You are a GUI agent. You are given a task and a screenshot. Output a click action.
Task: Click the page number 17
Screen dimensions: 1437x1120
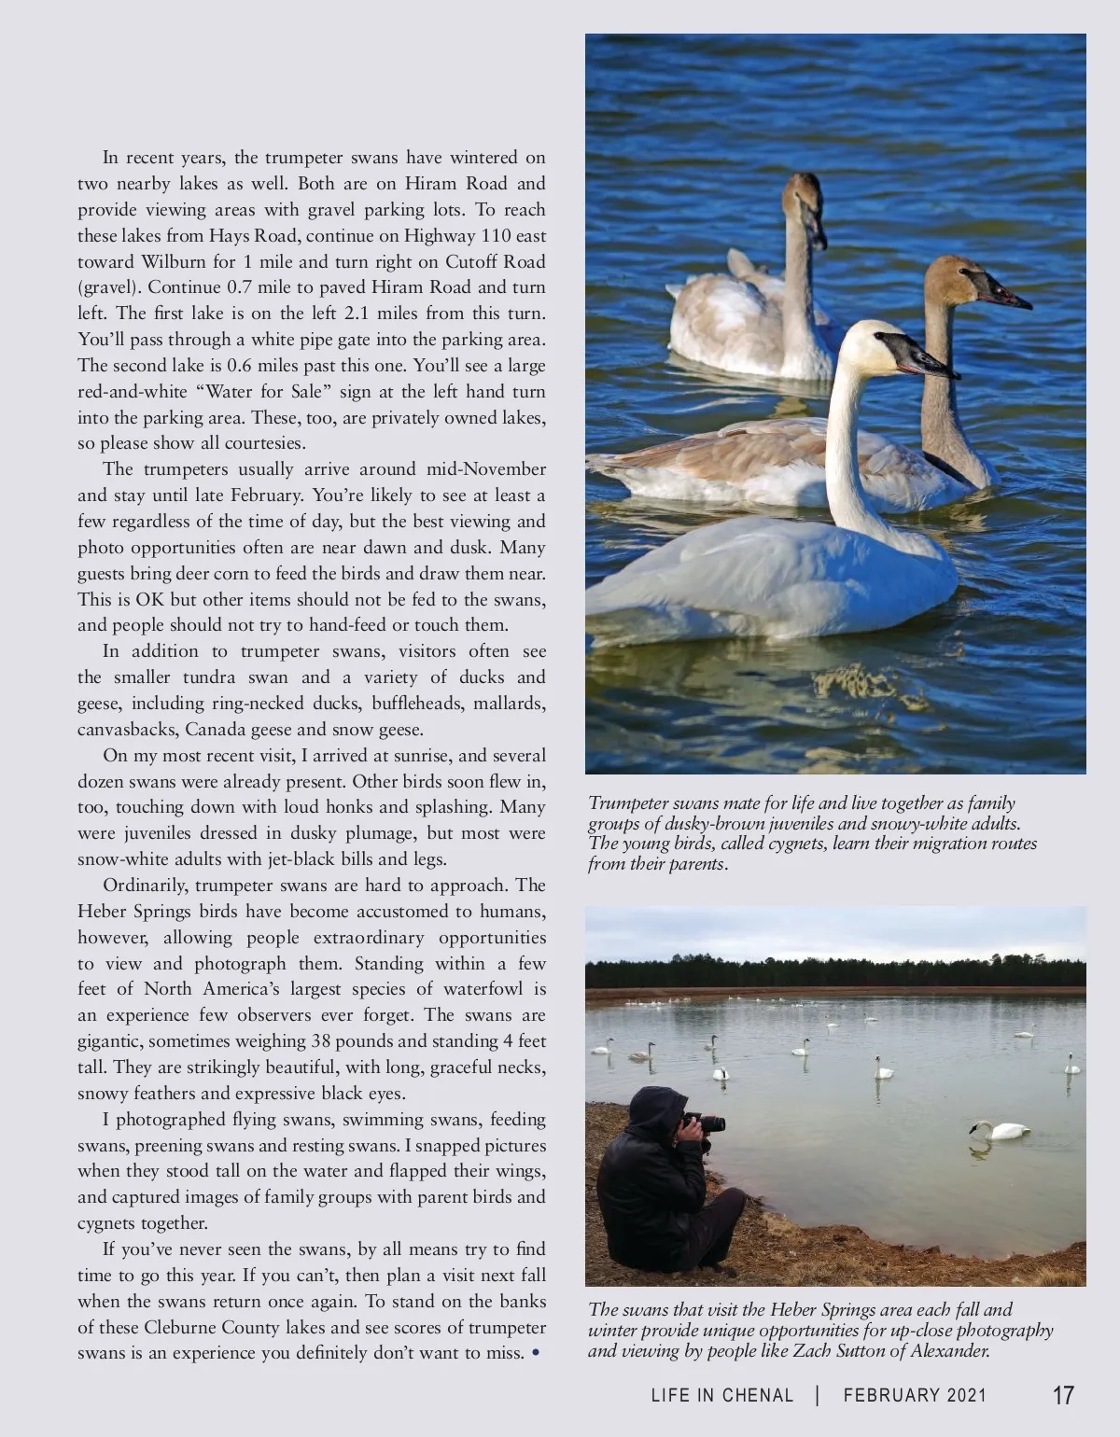tap(1063, 1396)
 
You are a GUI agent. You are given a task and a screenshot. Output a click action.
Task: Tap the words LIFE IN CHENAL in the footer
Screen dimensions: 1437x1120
tap(722, 1396)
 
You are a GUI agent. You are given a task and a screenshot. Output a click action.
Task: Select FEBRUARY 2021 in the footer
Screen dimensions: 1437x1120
tap(915, 1396)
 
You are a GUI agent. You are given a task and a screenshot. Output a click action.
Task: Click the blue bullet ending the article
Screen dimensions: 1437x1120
tap(535, 1353)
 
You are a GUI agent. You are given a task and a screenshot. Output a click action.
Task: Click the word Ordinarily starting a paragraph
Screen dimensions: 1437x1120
tap(144, 886)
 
